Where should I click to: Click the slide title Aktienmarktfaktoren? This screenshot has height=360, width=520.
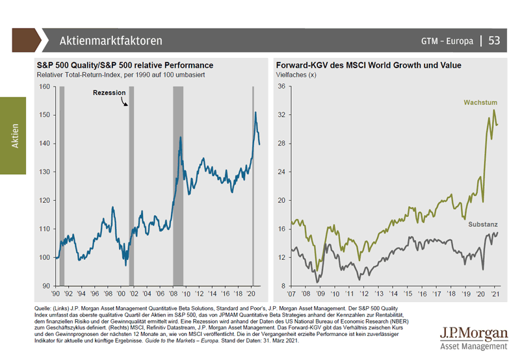pyautogui.click(x=110, y=41)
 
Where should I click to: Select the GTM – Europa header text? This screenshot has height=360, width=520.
pyautogui.click(x=447, y=41)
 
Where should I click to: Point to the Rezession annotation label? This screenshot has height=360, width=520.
pyautogui.click(x=109, y=93)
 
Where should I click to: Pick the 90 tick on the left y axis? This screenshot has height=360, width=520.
pyautogui.click(x=47, y=286)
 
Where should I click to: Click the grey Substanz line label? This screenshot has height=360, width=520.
pyautogui.click(x=483, y=224)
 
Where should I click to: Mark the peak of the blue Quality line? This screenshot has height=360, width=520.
pyautogui.click(x=255, y=112)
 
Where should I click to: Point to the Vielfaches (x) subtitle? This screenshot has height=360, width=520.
pyautogui.click(x=296, y=75)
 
